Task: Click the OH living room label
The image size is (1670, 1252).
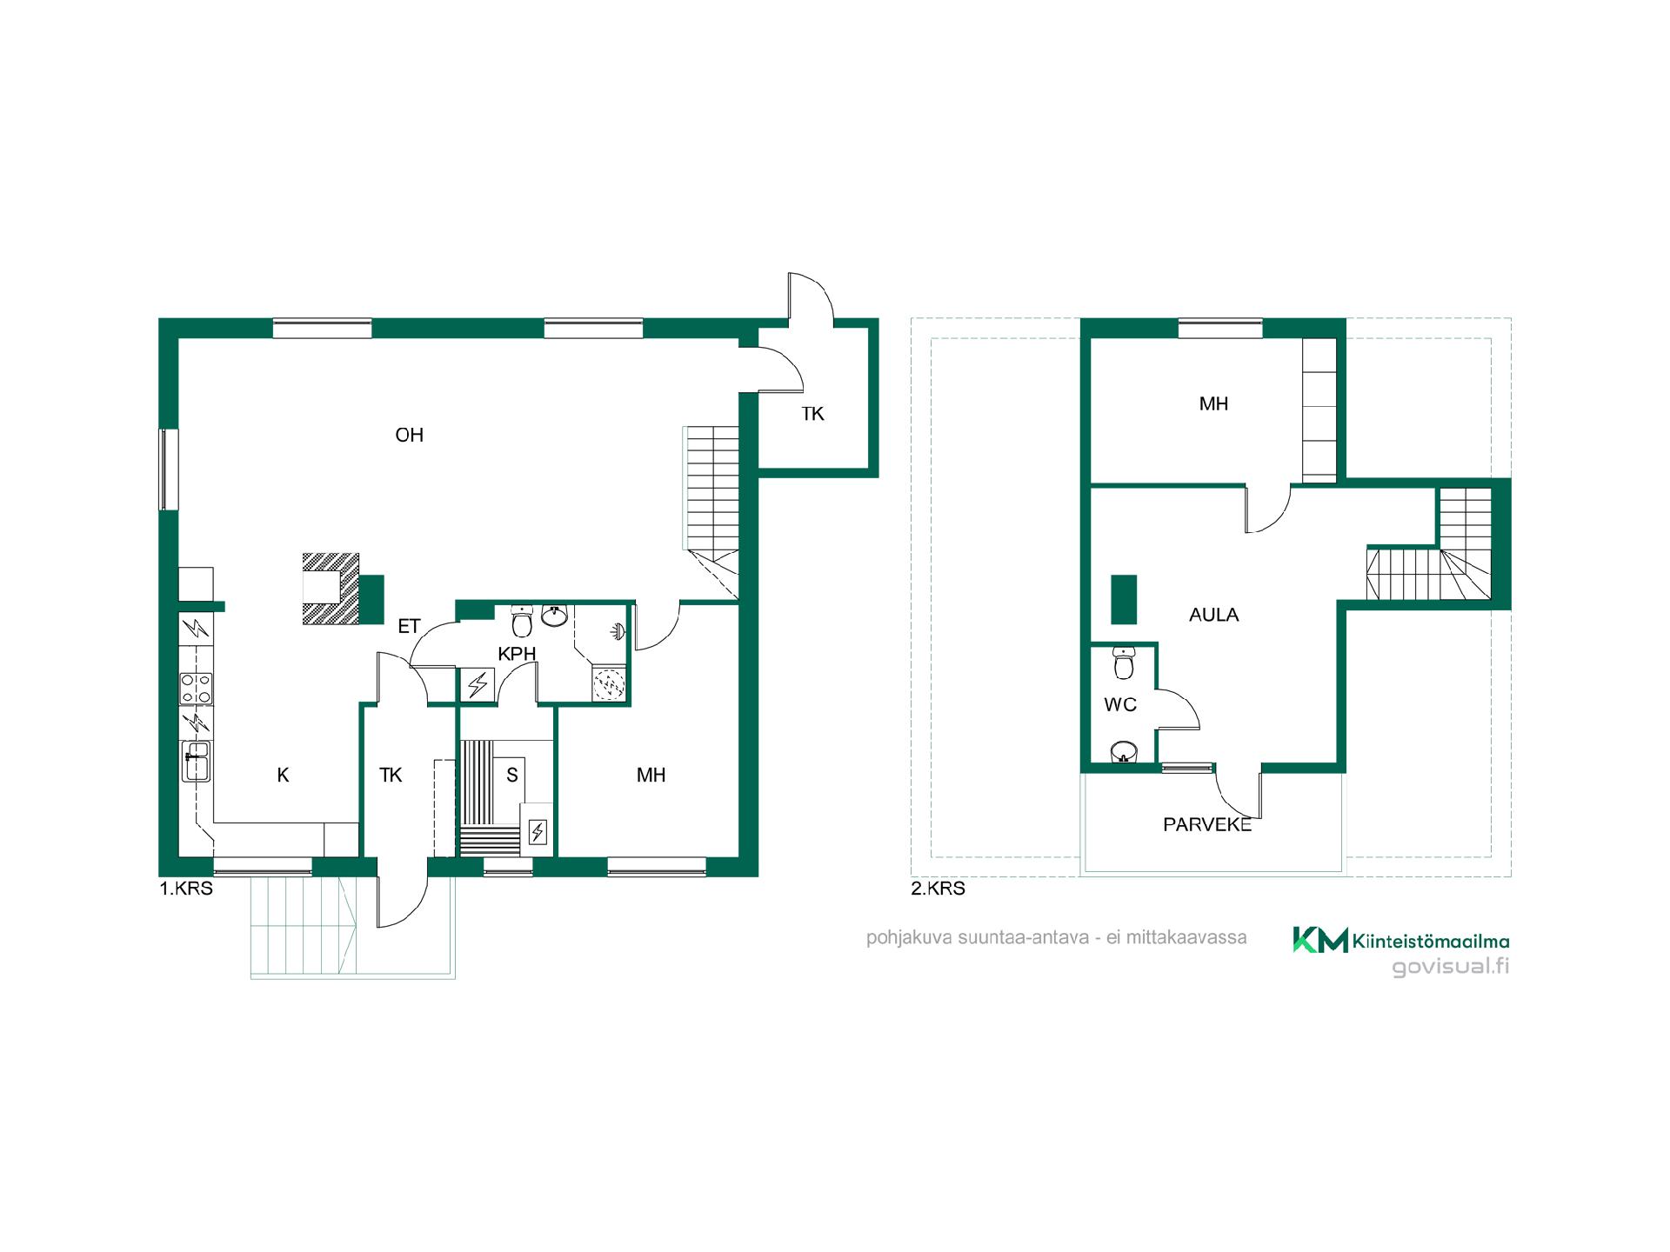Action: tap(409, 435)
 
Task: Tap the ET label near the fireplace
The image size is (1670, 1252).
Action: tap(409, 626)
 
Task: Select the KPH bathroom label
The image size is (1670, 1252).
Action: tap(517, 654)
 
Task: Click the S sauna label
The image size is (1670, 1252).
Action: tap(512, 775)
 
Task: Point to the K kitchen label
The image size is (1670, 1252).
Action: tap(283, 775)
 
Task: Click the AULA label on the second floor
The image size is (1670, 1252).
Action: tap(1213, 615)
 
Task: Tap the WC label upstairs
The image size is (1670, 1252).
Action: tap(1120, 705)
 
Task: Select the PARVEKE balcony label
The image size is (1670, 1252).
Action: tap(1207, 825)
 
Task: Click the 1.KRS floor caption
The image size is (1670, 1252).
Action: tap(186, 889)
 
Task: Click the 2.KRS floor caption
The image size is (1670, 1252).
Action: tap(938, 889)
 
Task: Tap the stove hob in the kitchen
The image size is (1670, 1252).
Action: tap(196, 689)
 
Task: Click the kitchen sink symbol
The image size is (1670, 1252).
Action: tap(196, 761)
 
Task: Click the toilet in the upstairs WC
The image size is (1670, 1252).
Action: tap(1124, 663)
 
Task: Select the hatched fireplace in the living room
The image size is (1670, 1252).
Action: tap(331, 589)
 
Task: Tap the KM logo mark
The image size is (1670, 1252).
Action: tap(1320, 939)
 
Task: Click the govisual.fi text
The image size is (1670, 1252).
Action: tap(1451, 967)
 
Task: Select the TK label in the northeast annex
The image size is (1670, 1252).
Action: tap(812, 414)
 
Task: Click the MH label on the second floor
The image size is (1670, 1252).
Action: tap(1213, 403)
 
